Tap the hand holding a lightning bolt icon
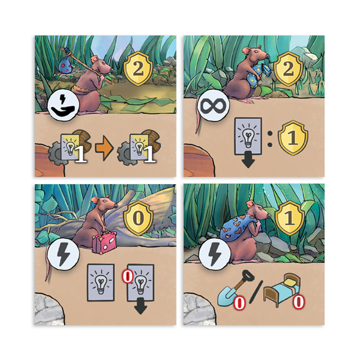[x=64, y=106]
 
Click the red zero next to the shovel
[x=239, y=303]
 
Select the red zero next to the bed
[x=299, y=302]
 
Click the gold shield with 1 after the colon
[x=293, y=138]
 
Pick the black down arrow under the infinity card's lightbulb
[x=248, y=160]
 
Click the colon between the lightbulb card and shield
[x=270, y=139]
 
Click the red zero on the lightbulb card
[x=128, y=277]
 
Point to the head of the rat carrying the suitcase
[x=106, y=203]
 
